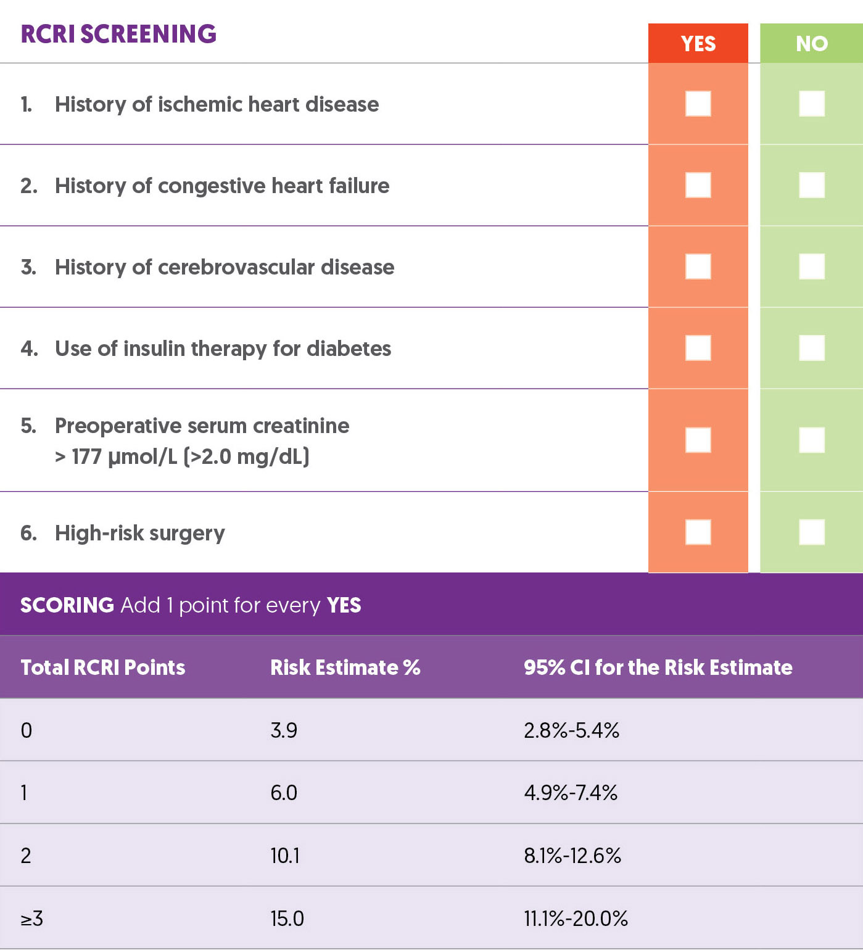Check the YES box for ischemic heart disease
pos(698,104)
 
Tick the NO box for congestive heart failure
pos(811,185)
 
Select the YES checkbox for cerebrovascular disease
pos(698,266)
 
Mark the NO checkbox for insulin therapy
pos(811,348)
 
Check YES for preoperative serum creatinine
pos(698,440)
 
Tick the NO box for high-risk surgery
pos(811,532)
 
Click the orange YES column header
pos(698,43)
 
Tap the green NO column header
pos(811,43)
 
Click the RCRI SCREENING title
pos(118,34)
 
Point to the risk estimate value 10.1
pos(284,856)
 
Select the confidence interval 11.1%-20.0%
pos(576,919)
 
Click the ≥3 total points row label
pos(31,919)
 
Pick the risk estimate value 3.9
pos(284,730)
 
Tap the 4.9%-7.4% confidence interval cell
pos(571,793)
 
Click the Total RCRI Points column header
pos(102,667)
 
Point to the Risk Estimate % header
pos(345,667)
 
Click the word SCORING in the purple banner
pos(67,605)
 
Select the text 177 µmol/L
pos(124,457)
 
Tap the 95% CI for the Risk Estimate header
pos(658,667)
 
